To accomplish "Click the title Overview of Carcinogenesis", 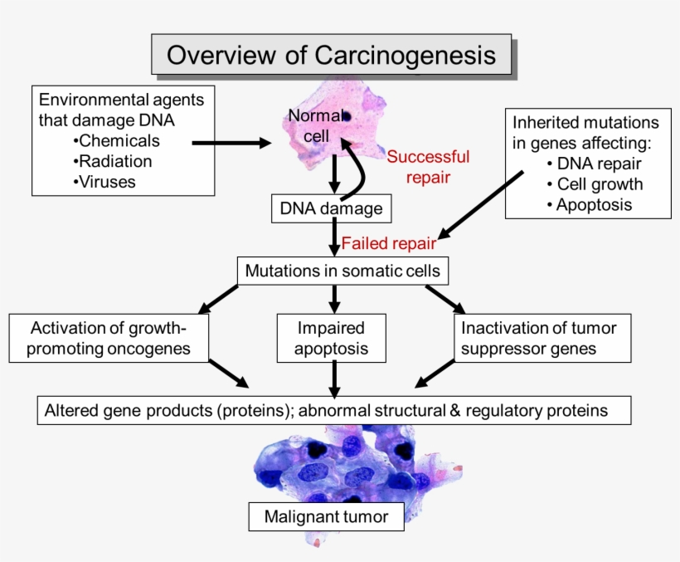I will click(x=331, y=55).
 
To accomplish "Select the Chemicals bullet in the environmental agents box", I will click(x=118, y=140).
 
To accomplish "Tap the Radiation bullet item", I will click(x=114, y=161).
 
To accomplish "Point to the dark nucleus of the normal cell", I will click(x=345, y=117).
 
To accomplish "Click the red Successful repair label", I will click(x=428, y=166).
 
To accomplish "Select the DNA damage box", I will click(x=331, y=208).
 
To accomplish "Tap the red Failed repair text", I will click(x=388, y=244).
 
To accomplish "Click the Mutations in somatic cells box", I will click(x=343, y=271).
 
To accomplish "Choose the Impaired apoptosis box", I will click(x=332, y=338).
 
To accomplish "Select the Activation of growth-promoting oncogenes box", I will click(x=108, y=338).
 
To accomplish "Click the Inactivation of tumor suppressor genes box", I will click(x=538, y=338).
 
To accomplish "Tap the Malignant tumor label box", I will click(x=326, y=517).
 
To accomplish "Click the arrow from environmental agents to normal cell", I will click(x=231, y=144).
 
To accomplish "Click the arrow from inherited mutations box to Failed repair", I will click(x=482, y=204).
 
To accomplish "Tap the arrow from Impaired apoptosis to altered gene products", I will click(x=333, y=379).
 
